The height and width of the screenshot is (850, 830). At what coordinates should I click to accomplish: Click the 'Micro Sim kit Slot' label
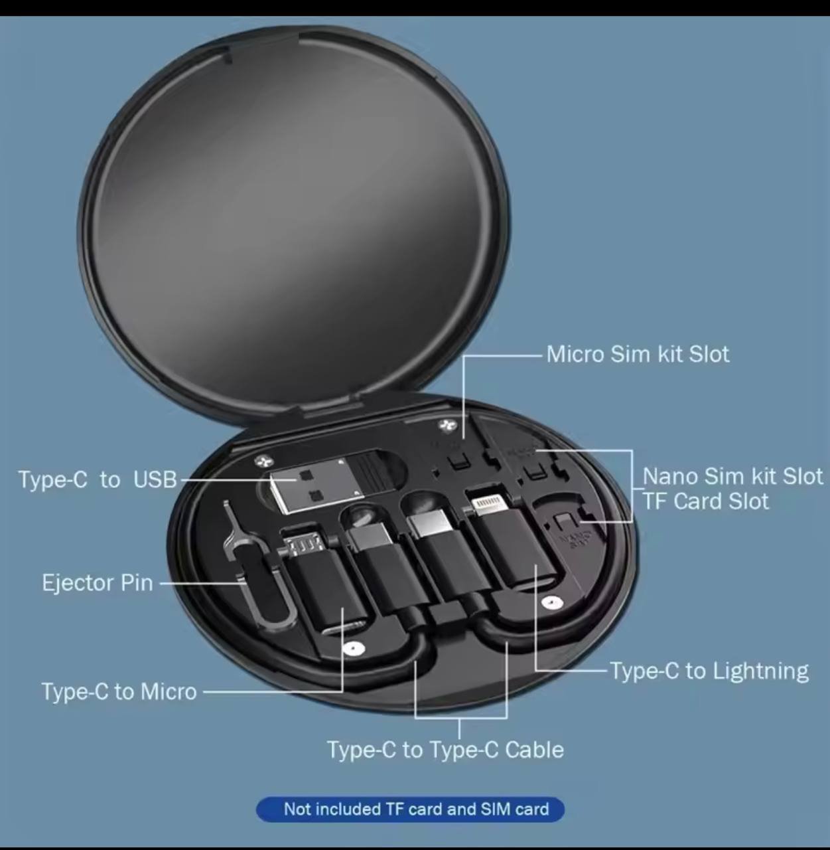(638, 354)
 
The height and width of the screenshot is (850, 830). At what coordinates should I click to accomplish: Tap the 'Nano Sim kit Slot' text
(732, 475)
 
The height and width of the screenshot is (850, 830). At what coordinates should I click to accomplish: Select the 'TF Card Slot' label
(706, 501)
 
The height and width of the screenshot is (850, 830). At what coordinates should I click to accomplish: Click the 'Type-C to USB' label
(98, 479)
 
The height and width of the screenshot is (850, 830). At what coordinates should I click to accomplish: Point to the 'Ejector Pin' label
(98, 582)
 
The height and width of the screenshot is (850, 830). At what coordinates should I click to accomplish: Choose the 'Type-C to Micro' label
(119, 692)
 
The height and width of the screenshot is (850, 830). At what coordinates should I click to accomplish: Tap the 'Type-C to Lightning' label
(709, 671)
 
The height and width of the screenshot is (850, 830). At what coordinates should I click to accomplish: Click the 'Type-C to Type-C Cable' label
(446, 750)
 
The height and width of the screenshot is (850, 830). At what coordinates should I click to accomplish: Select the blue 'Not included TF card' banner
(410, 809)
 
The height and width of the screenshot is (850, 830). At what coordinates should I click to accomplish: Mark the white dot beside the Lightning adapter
(551, 603)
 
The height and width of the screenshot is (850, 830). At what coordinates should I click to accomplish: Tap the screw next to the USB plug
(263, 460)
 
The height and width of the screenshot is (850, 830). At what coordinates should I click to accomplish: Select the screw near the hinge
(447, 424)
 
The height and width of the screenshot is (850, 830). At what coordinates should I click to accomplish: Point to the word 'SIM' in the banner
(496, 809)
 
